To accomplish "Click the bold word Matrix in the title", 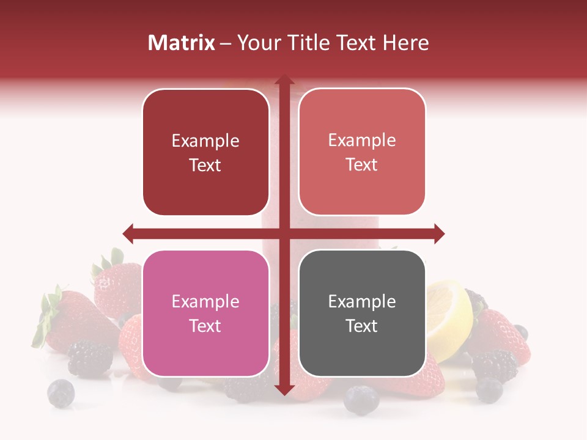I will [182, 43].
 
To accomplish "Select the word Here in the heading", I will [406, 43].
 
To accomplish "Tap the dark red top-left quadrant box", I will [205, 152].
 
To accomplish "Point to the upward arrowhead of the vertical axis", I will [284, 81].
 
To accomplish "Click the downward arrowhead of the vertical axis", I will [284, 389].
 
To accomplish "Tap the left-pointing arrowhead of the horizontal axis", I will [128, 233].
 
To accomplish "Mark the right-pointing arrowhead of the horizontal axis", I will [438, 233].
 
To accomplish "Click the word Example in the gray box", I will [362, 301].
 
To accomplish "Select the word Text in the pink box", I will [205, 326].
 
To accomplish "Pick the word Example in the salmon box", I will [362, 141].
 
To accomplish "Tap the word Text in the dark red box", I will [205, 165].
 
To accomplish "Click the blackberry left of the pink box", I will [90, 358].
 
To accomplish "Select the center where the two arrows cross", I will [284, 233].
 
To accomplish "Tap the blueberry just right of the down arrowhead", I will [361, 400].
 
